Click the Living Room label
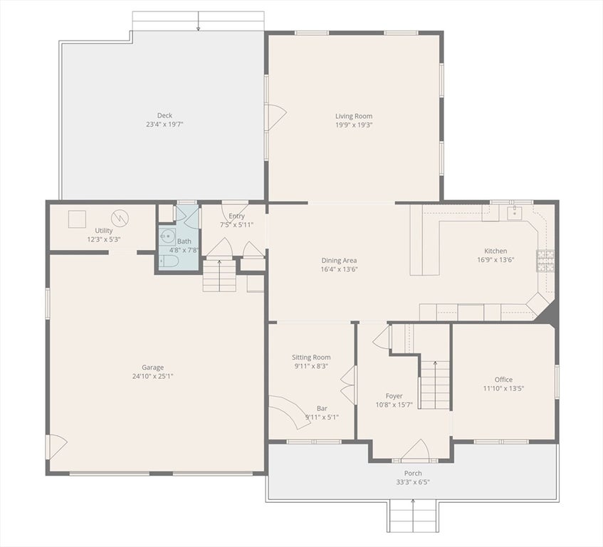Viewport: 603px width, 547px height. coord(354,116)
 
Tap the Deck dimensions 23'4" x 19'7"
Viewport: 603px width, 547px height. coord(164,124)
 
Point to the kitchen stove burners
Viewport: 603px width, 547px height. coord(546,261)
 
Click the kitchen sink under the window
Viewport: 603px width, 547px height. coord(515,212)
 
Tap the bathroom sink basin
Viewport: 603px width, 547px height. coord(168,236)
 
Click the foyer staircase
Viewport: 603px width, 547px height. coord(434,385)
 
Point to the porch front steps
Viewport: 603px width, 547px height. coord(412,516)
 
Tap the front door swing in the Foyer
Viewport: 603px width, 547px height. coord(415,450)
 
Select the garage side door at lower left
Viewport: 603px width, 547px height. coord(56,447)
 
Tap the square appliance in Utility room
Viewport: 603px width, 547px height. coord(77,219)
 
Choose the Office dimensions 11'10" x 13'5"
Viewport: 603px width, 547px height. coord(503,388)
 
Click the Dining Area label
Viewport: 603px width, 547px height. coord(339,261)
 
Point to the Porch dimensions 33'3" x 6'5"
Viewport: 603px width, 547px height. coord(413,482)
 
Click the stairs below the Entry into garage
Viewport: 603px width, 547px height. coord(219,276)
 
